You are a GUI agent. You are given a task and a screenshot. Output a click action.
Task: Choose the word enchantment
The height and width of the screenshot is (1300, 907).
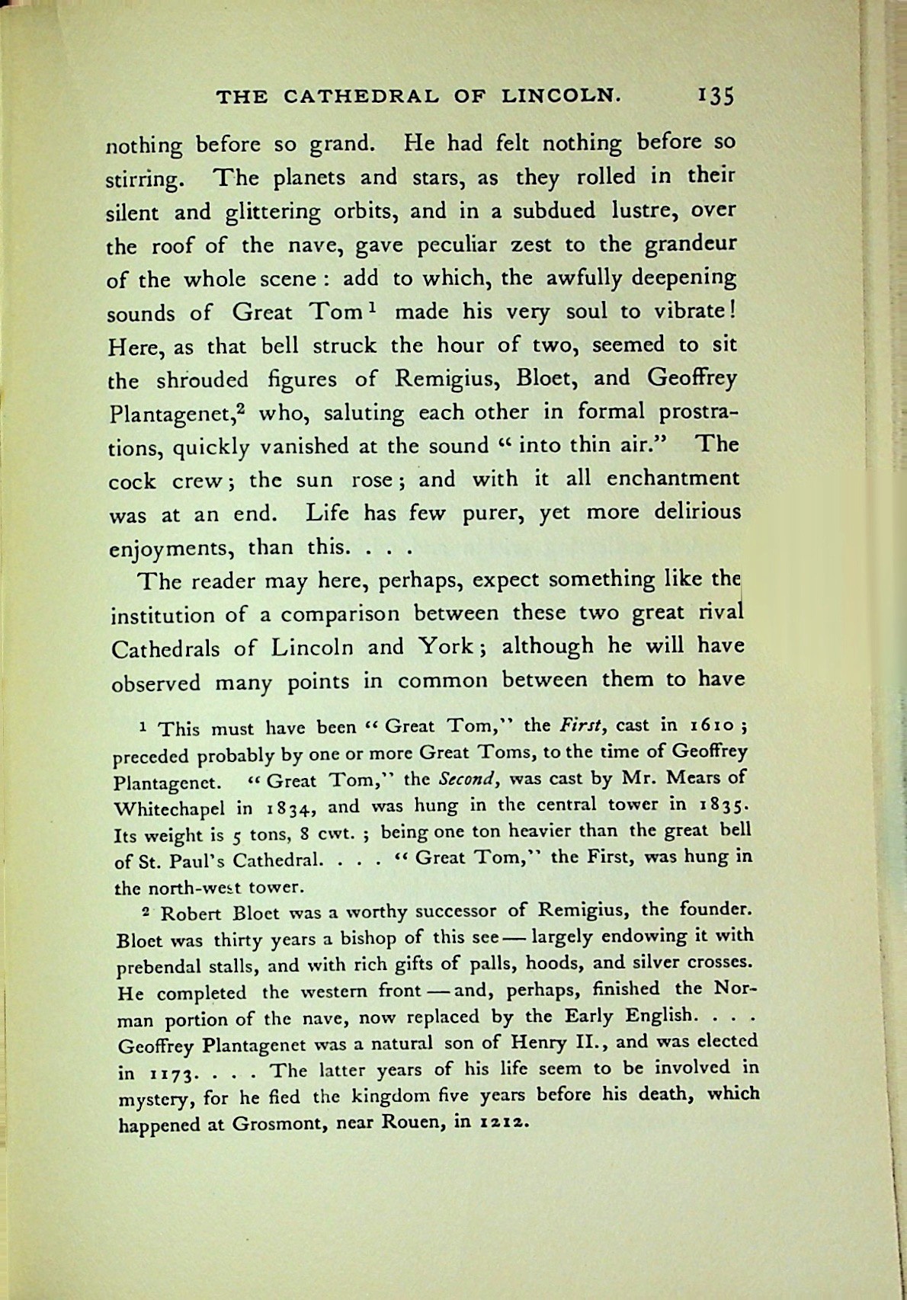pos(673,479)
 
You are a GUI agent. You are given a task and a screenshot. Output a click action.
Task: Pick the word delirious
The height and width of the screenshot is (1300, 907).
pos(697,511)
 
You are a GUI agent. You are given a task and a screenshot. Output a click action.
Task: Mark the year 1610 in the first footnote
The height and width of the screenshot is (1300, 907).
pos(713,725)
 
